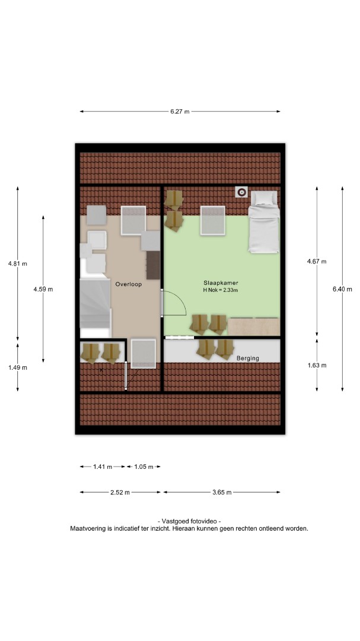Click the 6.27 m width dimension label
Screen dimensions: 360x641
click(x=180, y=112)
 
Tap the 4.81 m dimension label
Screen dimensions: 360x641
click(x=18, y=264)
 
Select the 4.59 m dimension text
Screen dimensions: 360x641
click(x=43, y=289)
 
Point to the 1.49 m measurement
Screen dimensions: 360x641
click(x=18, y=367)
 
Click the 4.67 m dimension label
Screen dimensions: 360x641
click(x=317, y=261)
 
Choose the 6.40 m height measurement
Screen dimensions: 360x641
click(x=342, y=289)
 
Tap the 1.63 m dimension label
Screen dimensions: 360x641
click(x=317, y=365)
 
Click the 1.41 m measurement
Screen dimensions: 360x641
click(x=103, y=467)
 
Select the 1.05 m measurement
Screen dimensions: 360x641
click(x=144, y=467)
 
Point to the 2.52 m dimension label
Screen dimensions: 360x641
click(x=120, y=492)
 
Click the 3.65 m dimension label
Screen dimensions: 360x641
click(x=222, y=492)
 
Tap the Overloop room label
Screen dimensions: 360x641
click(x=128, y=284)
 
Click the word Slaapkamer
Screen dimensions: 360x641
click(x=221, y=283)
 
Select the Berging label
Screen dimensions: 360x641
click(x=248, y=358)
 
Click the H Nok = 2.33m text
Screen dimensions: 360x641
click(x=221, y=290)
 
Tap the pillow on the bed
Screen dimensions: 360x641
click(x=263, y=198)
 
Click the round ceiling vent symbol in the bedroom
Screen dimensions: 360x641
click(x=242, y=191)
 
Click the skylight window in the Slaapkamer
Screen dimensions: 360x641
click(x=213, y=220)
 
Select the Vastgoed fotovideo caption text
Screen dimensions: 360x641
click(x=189, y=521)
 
